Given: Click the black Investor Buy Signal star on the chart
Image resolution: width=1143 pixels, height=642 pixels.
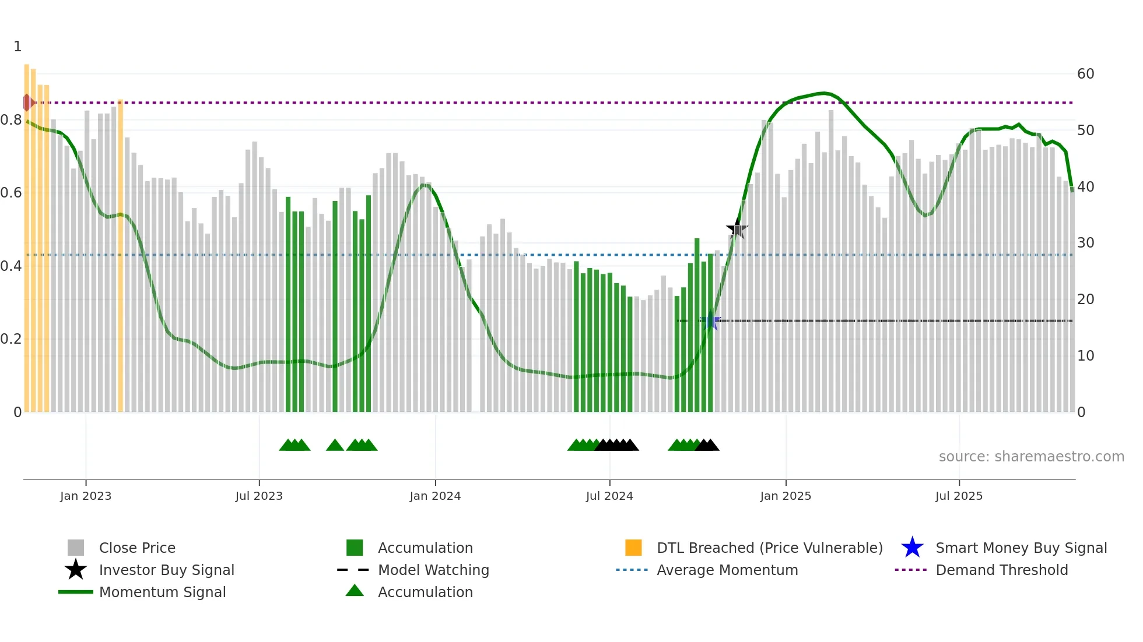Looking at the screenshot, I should [x=737, y=229].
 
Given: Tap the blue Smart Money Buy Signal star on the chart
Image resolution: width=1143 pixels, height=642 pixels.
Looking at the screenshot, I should [x=710, y=321].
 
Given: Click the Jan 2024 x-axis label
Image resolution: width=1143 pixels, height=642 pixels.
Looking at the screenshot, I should [x=435, y=496].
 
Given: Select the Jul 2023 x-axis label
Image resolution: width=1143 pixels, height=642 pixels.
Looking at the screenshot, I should [x=259, y=496].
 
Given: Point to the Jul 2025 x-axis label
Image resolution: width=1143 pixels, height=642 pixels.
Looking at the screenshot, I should [x=959, y=496].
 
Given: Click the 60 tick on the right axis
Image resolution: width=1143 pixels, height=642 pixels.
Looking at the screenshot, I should [x=1085, y=74].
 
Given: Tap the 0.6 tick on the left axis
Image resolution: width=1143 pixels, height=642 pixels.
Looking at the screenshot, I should [x=11, y=193].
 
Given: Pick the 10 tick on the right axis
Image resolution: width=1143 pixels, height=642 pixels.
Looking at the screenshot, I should [x=1085, y=356].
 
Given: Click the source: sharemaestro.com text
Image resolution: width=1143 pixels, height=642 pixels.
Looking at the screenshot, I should [x=1031, y=457].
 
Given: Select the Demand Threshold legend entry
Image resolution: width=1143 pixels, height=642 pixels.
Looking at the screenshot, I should [x=1001, y=570].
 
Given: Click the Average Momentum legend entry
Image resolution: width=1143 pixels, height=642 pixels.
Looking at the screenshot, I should [x=727, y=570].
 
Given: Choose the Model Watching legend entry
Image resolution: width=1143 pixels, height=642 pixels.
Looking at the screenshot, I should [x=433, y=570].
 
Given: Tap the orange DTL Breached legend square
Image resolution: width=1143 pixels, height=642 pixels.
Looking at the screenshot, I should [x=633, y=548].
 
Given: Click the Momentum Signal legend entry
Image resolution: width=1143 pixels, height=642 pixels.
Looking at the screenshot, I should [x=162, y=592].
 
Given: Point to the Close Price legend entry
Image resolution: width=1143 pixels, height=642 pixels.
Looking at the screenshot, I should [x=136, y=548].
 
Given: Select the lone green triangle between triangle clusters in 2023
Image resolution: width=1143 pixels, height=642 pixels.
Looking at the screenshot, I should [x=335, y=446].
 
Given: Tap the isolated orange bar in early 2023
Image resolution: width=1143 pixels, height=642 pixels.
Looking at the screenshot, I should [x=120, y=256].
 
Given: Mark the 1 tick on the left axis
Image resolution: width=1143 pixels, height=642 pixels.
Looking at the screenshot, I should [x=17, y=47].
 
